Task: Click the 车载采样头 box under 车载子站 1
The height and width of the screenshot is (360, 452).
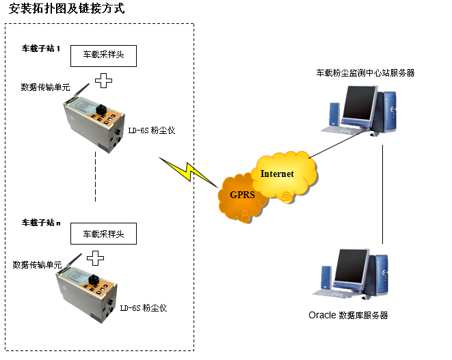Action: (x=103, y=55)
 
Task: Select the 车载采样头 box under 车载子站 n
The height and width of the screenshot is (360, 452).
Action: (x=103, y=234)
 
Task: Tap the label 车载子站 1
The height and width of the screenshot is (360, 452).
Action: (x=42, y=49)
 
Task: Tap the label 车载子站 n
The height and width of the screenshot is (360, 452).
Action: (x=42, y=223)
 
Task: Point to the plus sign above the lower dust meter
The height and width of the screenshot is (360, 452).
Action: (x=96, y=258)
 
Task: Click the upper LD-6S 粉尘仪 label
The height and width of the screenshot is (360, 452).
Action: (x=152, y=130)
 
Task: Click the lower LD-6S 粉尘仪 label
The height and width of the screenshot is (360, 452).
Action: (x=143, y=308)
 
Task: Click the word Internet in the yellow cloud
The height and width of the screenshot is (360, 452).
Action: (x=277, y=174)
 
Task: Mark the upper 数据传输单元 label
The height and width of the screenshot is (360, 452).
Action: (x=45, y=87)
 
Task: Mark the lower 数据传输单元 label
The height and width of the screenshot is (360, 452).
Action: (x=37, y=264)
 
